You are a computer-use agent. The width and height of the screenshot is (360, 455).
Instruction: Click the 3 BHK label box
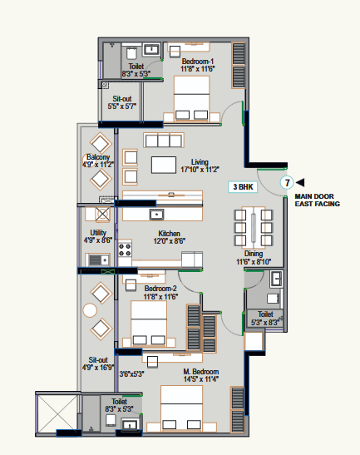[243, 187]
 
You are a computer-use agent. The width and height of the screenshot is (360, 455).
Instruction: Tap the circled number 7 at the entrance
[287, 183]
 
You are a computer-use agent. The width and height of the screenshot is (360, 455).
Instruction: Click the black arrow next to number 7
[300, 182]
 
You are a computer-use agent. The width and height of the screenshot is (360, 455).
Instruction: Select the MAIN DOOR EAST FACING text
[317, 200]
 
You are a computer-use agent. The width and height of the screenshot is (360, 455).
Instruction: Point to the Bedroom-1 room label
[198, 62]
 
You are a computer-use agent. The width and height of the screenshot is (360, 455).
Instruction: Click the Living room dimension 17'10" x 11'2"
[200, 170]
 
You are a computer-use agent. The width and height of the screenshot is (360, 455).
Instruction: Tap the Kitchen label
[169, 233]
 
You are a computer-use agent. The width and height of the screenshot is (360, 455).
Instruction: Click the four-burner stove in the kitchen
[125, 250]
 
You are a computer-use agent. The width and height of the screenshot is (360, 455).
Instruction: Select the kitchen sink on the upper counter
[156, 215]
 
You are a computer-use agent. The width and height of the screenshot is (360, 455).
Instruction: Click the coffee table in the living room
[164, 165]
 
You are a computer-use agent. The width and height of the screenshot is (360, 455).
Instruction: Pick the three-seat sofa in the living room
[164, 140]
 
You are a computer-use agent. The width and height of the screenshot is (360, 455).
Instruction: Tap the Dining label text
[254, 254]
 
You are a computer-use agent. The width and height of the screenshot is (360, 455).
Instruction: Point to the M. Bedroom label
[200, 372]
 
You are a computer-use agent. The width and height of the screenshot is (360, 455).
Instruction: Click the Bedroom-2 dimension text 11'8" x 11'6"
[160, 297]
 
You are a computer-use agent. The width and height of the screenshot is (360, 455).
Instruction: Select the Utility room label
[98, 233]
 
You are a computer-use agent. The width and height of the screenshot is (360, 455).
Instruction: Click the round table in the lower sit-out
[90, 310]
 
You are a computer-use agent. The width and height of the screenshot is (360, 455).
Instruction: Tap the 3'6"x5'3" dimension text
[131, 374]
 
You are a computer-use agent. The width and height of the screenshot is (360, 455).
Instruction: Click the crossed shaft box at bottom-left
[57, 413]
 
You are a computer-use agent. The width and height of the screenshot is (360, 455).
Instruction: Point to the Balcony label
[98, 157]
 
